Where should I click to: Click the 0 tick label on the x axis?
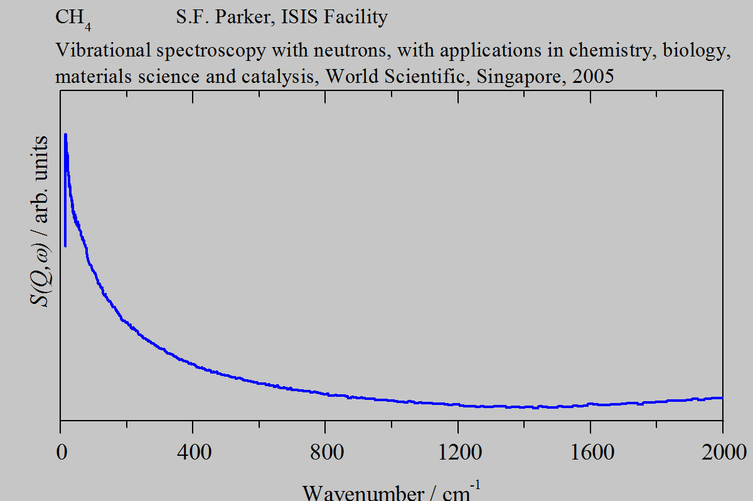click(x=61, y=451)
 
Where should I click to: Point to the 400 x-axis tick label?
click(x=193, y=451)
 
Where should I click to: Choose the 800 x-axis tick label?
click(x=325, y=451)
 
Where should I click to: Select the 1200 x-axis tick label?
click(x=457, y=451)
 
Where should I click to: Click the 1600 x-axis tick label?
click(x=590, y=451)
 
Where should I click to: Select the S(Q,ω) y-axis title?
click(x=40, y=220)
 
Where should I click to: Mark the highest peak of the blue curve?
click(x=65, y=134)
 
